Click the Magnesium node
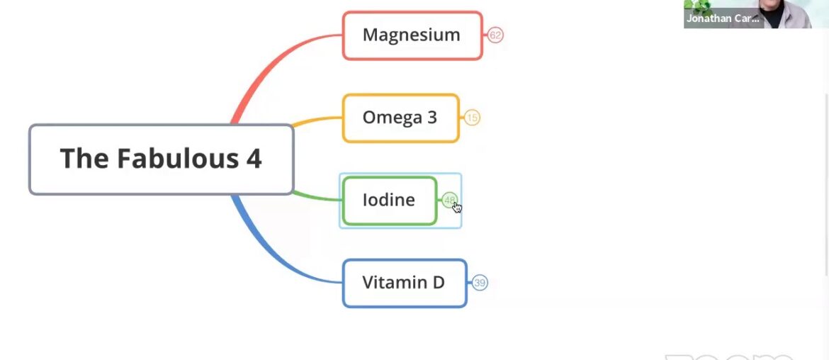tap(412, 35)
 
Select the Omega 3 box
tap(400, 118)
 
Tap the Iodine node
tap(389, 201)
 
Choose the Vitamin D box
tap(404, 283)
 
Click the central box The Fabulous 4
tap(161, 159)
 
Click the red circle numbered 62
tap(495, 35)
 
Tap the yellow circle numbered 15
tap(472, 118)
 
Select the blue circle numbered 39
tap(480, 283)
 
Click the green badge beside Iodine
tap(448, 201)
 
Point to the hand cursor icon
tap(457, 207)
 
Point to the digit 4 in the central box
tap(254, 159)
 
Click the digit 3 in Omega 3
tap(432, 118)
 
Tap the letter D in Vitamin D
tap(438, 283)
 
